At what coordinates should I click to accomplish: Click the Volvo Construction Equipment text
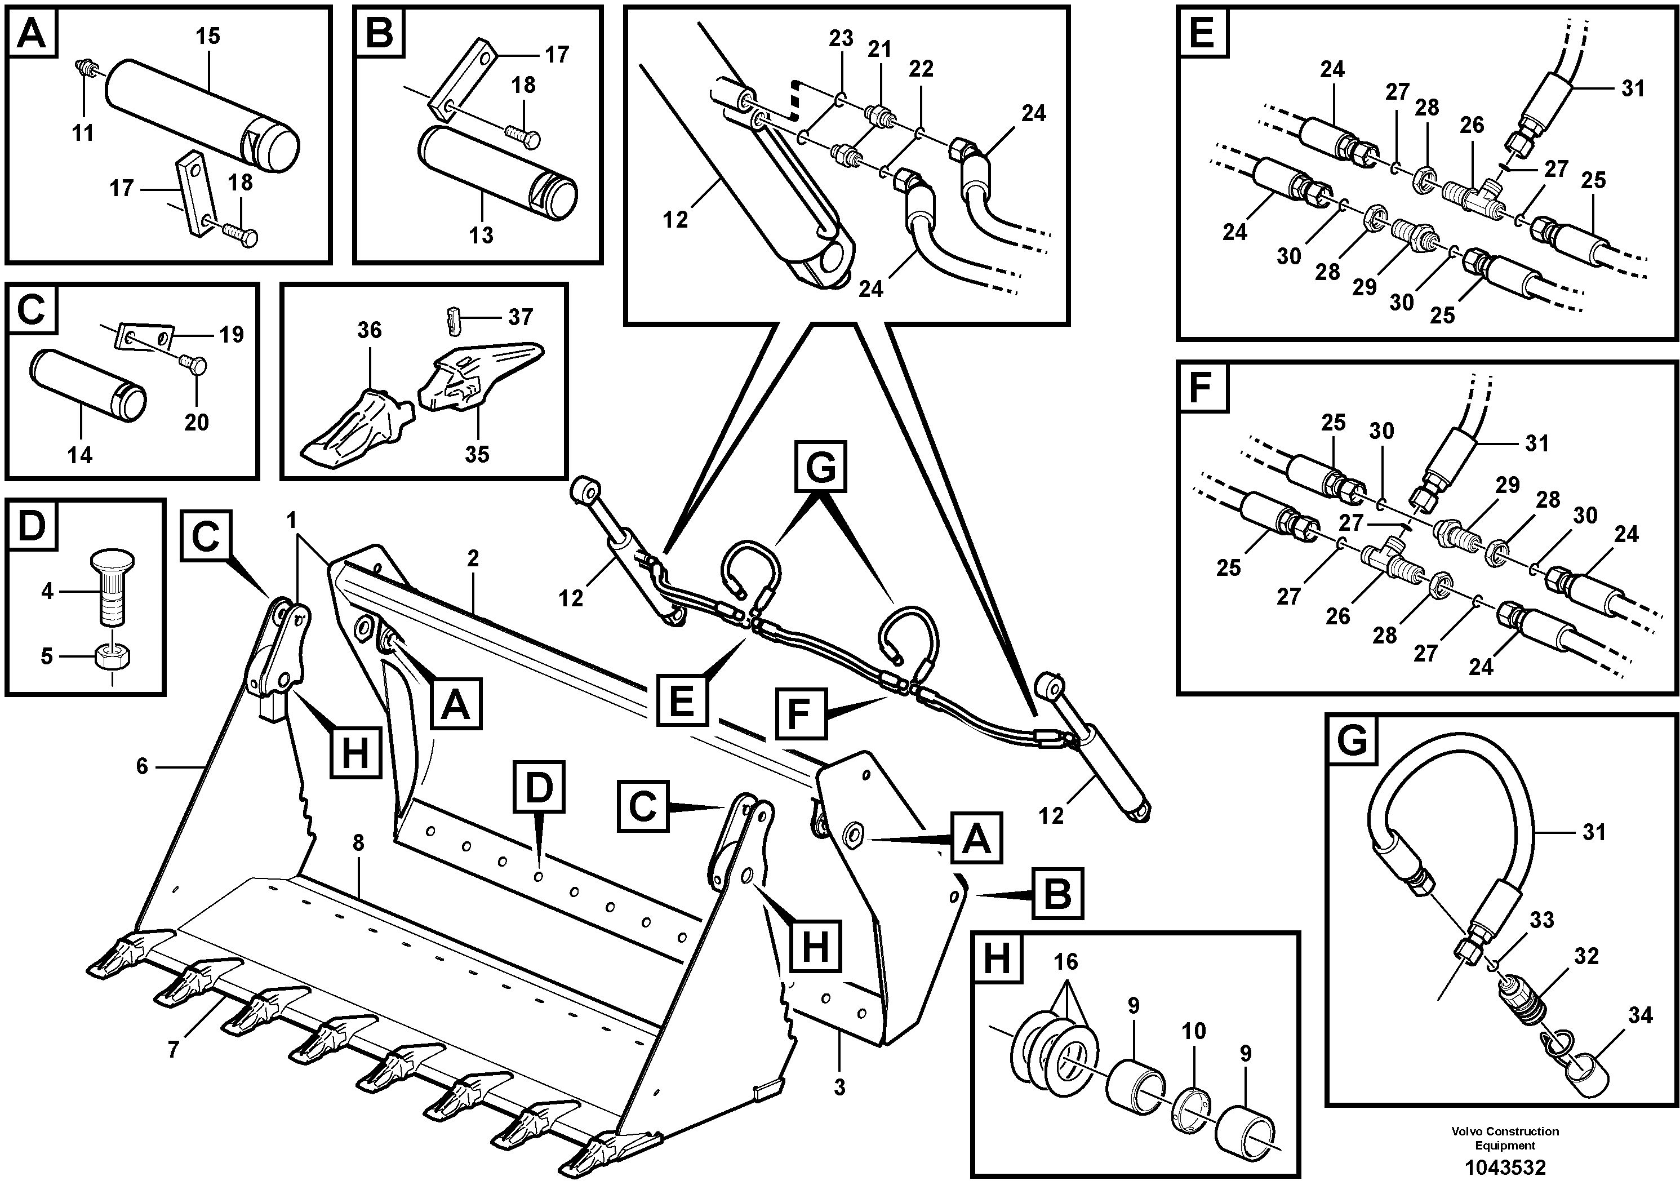pos(1505,1138)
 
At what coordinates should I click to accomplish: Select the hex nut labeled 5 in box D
pos(113,657)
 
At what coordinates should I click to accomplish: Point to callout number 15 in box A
pos(208,36)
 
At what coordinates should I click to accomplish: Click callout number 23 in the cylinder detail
pos(841,39)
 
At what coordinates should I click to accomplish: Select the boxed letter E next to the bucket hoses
pos(681,701)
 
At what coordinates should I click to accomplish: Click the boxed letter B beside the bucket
pos(1057,894)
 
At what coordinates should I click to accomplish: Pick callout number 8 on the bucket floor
pos(358,843)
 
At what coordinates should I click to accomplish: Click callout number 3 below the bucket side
pos(839,1088)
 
